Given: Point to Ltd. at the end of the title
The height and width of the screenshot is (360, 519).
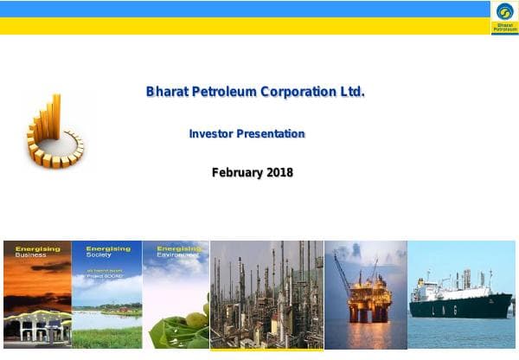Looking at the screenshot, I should pyautogui.click(x=352, y=91).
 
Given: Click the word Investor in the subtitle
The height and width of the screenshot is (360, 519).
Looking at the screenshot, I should pyautogui.click(x=209, y=134).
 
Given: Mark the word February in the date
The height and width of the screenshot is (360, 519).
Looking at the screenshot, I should pyautogui.click(x=236, y=172).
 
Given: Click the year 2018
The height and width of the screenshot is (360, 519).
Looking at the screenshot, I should pyautogui.click(x=279, y=172).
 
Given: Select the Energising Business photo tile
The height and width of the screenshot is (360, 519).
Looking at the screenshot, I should pyautogui.click(x=37, y=294).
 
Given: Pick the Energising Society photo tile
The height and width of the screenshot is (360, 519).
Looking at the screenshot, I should pyautogui.click(x=106, y=294).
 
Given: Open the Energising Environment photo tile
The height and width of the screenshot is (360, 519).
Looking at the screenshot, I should pyautogui.click(x=176, y=294).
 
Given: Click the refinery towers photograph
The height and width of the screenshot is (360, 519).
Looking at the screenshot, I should pyautogui.click(x=266, y=294).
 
